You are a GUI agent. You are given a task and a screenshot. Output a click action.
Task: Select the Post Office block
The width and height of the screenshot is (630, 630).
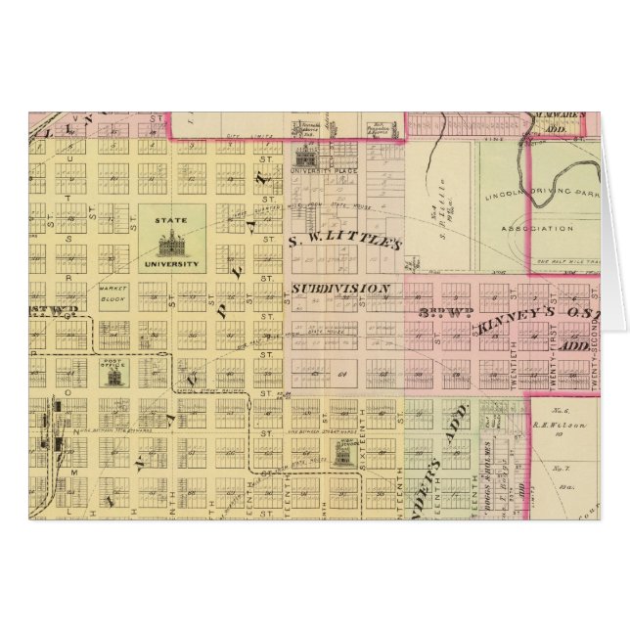point(114,373)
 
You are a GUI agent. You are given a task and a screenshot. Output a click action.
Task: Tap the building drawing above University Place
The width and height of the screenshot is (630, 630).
point(305,155)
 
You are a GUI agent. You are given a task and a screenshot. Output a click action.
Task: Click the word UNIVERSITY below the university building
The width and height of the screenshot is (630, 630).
point(172,263)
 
